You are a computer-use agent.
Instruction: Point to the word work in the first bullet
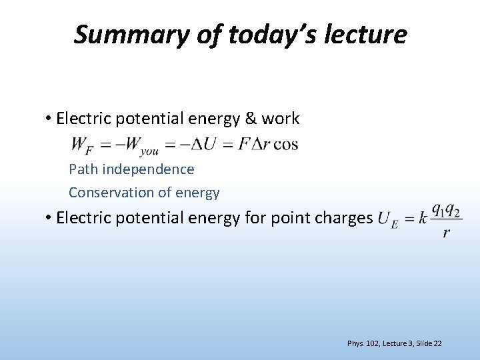[x=281, y=119]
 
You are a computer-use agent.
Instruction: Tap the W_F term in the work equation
[x=81, y=145]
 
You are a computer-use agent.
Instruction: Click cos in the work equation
[x=285, y=145]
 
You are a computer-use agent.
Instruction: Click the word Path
[x=83, y=169]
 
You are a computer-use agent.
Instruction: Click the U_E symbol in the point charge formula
[x=387, y=219]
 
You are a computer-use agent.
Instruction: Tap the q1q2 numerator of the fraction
[x=445, y=210]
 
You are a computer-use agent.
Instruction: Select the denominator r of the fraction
[x=446, y=233]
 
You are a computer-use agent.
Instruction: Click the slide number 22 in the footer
[x=437, y=343]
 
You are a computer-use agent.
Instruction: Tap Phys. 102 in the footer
[x=363, y=343]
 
